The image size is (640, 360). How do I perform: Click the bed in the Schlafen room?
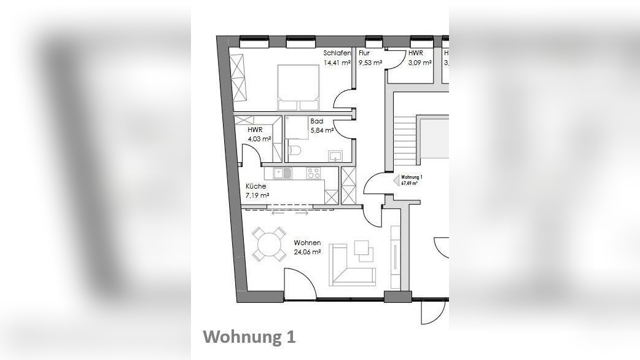(299, 86)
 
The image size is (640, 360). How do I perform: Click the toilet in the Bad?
(294, 149)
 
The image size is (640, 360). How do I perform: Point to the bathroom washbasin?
(335, 155)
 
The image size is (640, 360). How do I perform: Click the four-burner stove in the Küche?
(314, 173)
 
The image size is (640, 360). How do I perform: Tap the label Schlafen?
(337, 53)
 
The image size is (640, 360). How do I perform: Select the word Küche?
(256, 186)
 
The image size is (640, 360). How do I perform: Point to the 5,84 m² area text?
(322, 130)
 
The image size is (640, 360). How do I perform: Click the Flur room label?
(364, 53)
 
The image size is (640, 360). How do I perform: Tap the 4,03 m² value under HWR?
(260, 139)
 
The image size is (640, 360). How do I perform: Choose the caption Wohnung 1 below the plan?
(249, 337)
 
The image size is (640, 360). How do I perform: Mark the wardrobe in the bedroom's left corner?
(238, 76)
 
